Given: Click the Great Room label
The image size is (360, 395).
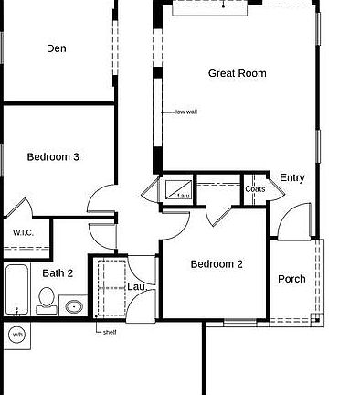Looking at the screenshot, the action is point(238,73).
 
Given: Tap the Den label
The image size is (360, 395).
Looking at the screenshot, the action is point(57,48).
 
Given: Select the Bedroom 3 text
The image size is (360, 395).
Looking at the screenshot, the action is point(53,157).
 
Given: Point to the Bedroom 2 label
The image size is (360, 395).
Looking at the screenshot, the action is point(217,264).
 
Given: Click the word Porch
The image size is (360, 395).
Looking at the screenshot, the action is point(291,279).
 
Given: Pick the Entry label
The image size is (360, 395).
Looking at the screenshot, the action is point(292,177).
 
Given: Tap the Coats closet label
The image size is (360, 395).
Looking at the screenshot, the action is point(255,189).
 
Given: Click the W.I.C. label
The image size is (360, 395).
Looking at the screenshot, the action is point(23,233).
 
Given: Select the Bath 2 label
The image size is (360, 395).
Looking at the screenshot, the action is point(58,273).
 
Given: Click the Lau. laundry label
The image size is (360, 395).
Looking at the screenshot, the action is point(137,286).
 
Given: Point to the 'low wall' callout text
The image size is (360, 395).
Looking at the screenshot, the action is point(186,112).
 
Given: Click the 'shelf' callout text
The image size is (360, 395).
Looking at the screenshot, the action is point(110,332).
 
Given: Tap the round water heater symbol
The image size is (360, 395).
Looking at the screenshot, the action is point(17,335).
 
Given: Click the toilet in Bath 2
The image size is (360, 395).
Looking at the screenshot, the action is point(47,301).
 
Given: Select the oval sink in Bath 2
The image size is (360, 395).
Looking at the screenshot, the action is point(74,306).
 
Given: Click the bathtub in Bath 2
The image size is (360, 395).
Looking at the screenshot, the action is point(17,290).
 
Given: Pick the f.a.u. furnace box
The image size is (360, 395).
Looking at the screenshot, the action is point(178,189).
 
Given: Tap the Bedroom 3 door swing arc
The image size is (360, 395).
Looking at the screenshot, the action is point(96,193).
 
